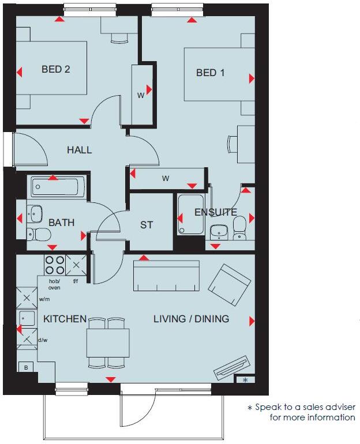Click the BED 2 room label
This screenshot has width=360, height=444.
[56, 70]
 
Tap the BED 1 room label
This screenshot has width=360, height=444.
[211, 73]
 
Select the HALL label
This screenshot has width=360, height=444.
[79, 150]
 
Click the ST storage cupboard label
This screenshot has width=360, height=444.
[147, 225]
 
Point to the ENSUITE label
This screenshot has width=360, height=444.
[215, 212]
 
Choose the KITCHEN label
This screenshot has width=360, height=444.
[65, 319]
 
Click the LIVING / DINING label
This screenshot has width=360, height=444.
[191, 319]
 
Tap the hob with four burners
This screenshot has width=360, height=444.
[55, 265]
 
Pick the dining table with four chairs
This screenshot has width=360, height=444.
[108, 343]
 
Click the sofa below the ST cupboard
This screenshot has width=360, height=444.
[167, 276]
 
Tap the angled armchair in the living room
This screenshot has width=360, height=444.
[230, 285]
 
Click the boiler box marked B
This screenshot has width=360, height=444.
[25, 367]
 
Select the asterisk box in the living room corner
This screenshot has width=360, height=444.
[245, 379]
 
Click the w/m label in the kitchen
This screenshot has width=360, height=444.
[44, 300]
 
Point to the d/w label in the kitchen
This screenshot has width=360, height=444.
[43, 340]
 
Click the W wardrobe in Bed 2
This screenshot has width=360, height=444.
[140, 95]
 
